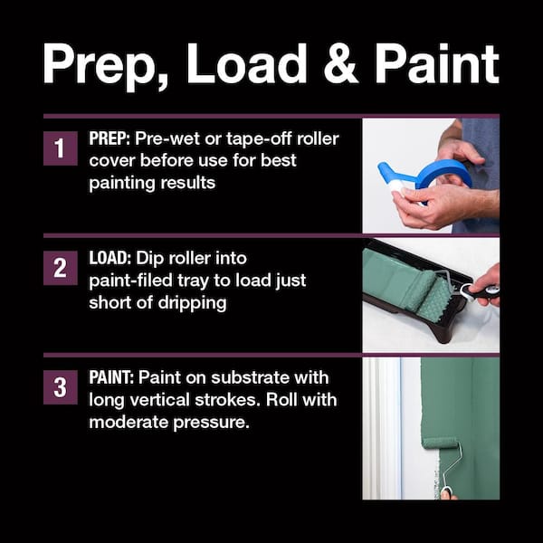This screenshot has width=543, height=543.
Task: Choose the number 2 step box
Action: coord(60,268)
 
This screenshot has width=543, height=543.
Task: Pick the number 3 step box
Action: coord(60,388)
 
